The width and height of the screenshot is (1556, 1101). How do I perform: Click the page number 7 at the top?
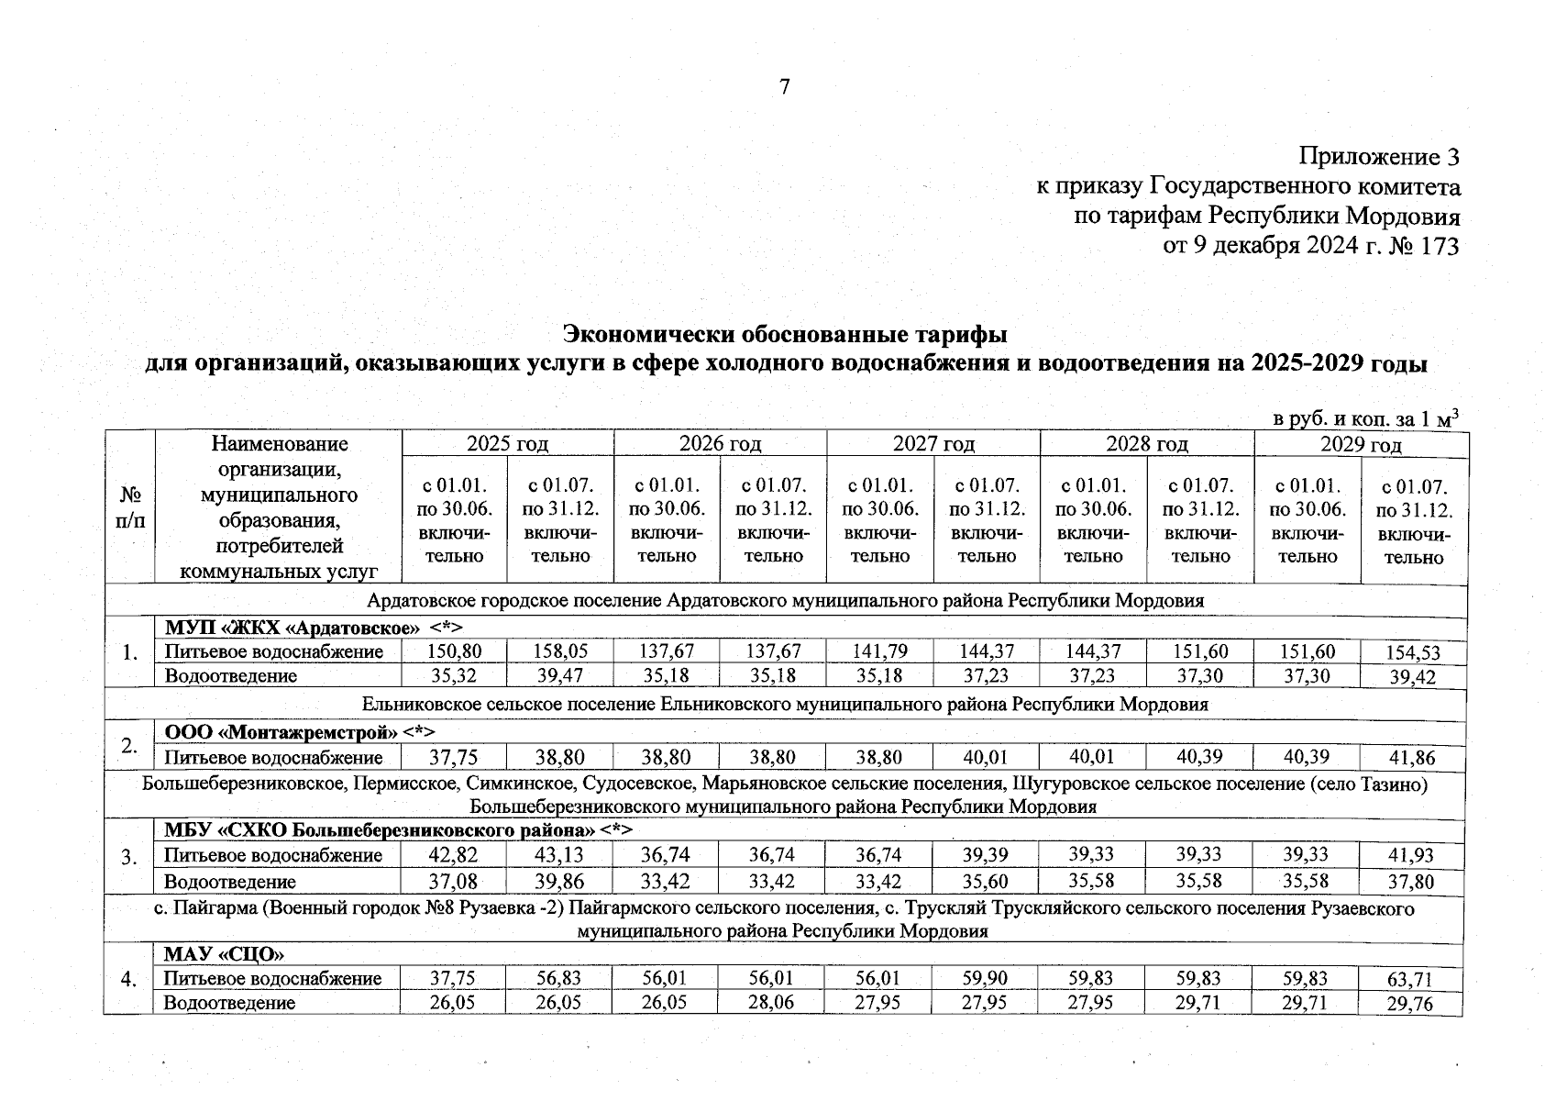784,87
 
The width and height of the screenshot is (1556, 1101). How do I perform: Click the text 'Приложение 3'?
1378,157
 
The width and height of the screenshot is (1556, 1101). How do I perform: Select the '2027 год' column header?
933,444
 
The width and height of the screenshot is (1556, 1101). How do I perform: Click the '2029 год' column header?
1361,445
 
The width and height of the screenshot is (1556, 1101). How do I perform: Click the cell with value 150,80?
455,651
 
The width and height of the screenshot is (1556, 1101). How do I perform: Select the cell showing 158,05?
560,651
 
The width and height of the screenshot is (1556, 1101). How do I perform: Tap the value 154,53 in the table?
1413,653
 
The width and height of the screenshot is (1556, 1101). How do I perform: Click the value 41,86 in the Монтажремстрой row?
1413,758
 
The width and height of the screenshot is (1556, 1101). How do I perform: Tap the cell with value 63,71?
1413,980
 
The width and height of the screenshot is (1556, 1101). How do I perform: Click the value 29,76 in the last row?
1413,1004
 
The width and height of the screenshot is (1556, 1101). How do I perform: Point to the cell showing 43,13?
560,855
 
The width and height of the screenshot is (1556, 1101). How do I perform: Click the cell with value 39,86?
560,882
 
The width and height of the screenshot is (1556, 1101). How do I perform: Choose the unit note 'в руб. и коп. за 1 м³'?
1365,418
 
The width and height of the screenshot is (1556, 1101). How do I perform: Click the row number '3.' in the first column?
130,857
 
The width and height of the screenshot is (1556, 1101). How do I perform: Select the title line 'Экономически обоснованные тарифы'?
785,331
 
